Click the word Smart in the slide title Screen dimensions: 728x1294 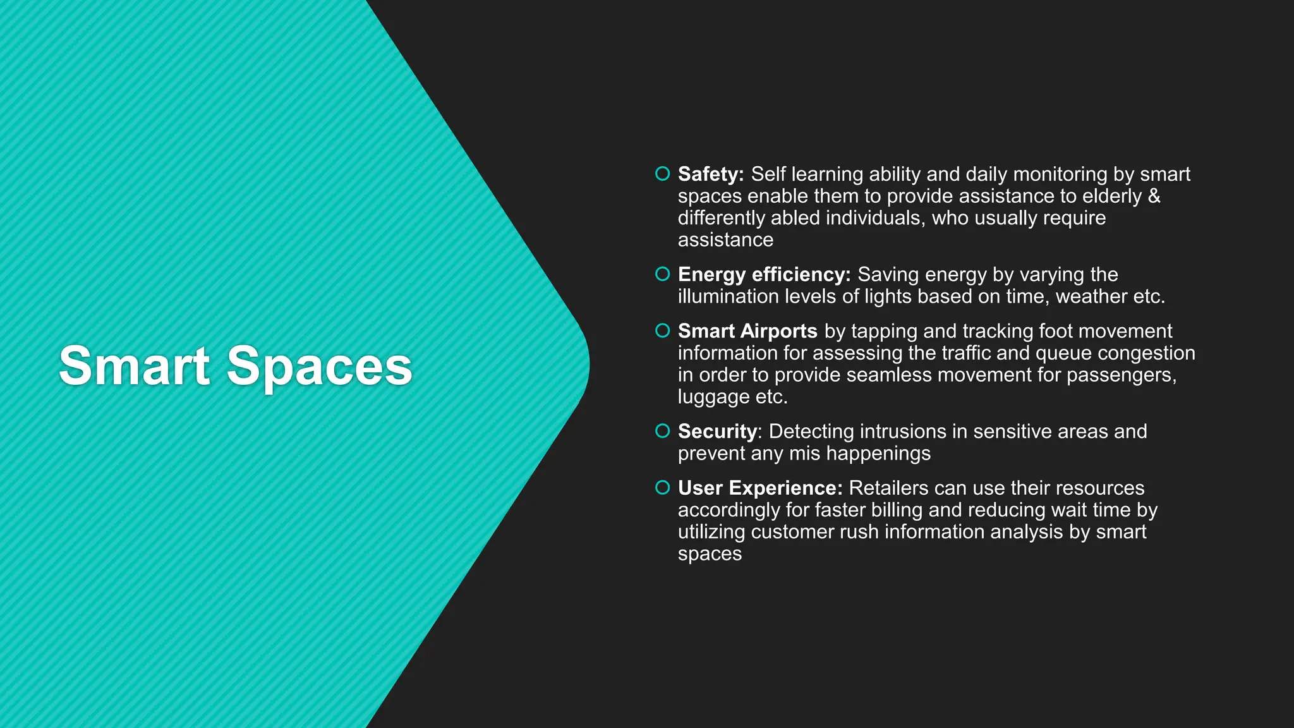tap(134, 366)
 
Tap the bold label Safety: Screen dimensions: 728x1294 tap(711, 174)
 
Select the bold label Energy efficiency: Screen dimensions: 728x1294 tap(764, 274)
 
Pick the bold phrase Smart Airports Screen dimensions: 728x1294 tap(747, 331)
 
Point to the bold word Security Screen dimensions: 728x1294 tap(717, 432)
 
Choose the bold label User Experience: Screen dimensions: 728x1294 tap(760, 488)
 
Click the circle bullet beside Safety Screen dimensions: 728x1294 tap(662, 173)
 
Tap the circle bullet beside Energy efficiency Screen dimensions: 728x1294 tap(662, 274)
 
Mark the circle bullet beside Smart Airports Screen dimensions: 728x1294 tap(662, 331)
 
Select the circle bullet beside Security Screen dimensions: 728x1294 tap(662, 431)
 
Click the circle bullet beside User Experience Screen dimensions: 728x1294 tap(662, 487)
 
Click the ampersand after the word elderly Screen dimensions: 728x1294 tap(1154, 196)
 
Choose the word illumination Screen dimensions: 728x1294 tap(728, 296)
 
